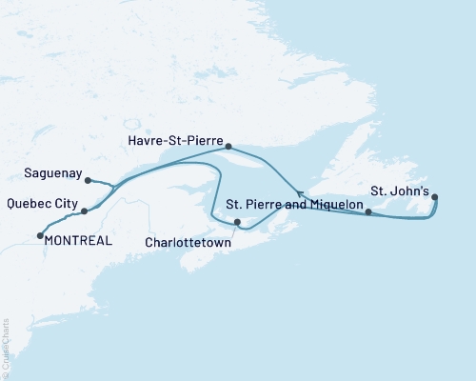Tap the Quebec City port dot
point(85,211)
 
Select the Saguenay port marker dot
point(87,180)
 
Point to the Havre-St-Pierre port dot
point(228,146)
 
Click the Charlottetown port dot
point(238,225)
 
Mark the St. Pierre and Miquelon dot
point(368,211)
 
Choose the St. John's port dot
point(435,197)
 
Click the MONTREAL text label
point(79,241)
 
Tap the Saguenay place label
point(46,174)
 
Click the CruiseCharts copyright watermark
point(6,349)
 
